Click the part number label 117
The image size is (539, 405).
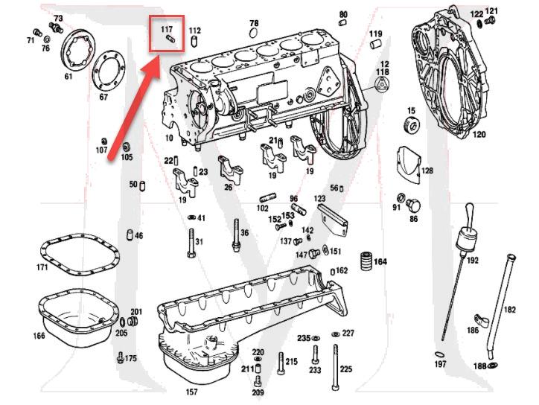coord(166,28)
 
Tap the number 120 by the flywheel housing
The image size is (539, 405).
coord(479,135)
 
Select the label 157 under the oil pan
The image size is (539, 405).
coord(191,392)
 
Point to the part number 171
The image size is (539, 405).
coord(42,267)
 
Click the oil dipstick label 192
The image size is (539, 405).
coord(472,261)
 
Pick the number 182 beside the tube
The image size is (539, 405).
coord(510,309)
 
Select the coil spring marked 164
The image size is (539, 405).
coord(365,262)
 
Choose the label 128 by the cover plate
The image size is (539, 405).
coord(427,170)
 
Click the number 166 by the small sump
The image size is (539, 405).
coord(39,336)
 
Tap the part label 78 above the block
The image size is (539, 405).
coord(254,24)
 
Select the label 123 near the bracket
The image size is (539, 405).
coord(319,199)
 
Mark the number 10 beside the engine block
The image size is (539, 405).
coord(169,138)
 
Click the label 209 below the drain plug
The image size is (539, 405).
coord(258,392)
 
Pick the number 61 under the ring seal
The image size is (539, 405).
coord(68,76)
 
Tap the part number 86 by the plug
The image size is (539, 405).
coord(414,219)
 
